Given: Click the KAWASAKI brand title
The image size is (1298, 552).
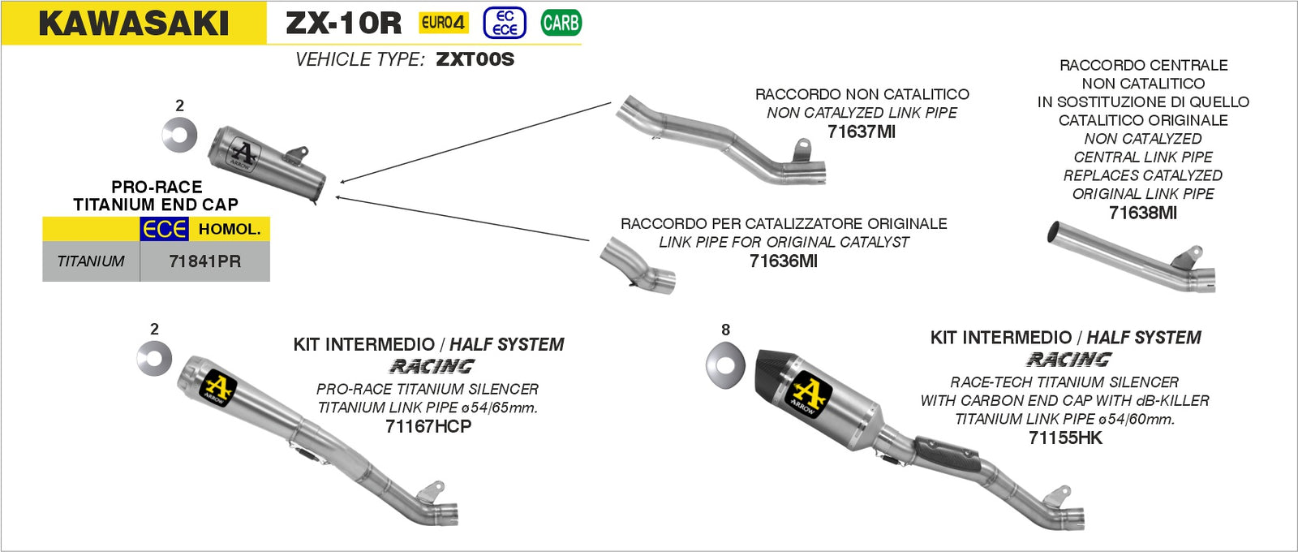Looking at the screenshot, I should pos(134,24).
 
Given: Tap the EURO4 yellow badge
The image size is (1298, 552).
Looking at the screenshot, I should pos(443,23).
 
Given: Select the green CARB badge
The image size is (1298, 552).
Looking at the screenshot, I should pos(561,23).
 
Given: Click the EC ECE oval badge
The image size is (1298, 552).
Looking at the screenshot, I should pos(505,23).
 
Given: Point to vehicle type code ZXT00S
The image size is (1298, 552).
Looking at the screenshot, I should pos(475,59).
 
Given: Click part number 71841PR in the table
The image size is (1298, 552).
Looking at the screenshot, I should pos(204,261).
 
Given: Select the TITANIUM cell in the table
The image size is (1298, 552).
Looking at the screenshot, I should pos(91,261).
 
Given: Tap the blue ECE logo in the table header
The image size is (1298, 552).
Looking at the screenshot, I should pos(165,230).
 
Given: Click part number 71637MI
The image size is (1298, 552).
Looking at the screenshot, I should pos(861,132).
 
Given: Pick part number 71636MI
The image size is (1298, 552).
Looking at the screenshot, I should pos(783,261).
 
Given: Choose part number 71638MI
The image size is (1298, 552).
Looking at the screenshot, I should pos(1142,213).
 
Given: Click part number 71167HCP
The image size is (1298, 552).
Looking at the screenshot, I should pos(428,426).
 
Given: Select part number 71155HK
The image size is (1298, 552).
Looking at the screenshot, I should pos(1065,438).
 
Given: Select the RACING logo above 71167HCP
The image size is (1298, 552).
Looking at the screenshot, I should pos(432,366).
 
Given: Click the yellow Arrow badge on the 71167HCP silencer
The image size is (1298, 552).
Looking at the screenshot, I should pos(217,389).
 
